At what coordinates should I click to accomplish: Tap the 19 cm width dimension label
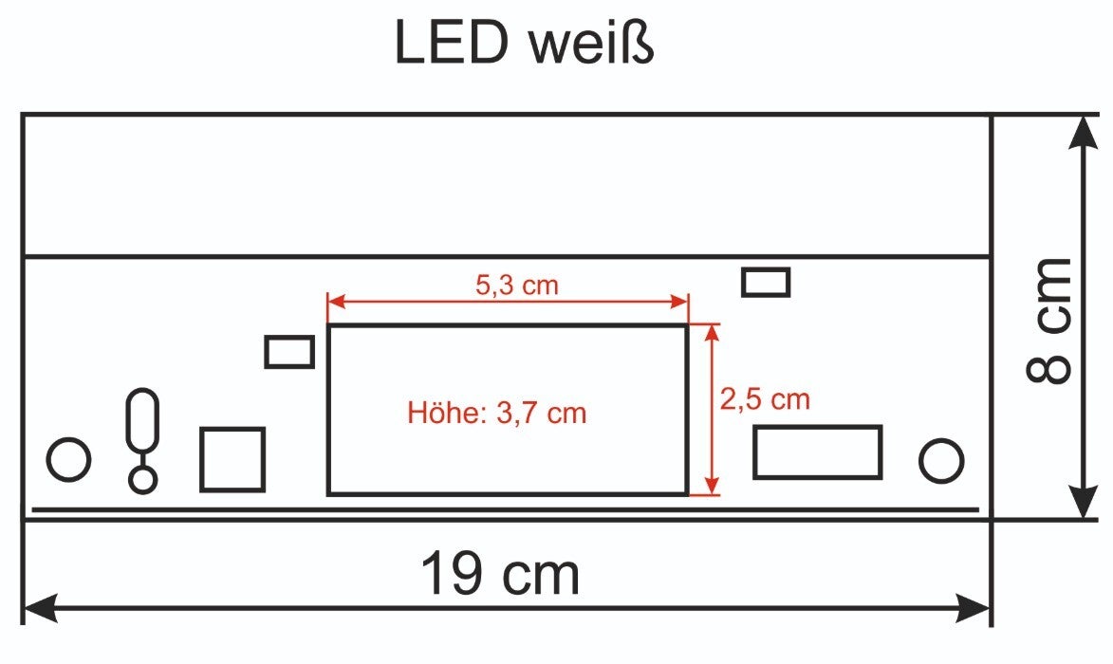[x=499, y=574]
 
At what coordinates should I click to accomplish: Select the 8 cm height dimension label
[x=1049, y=320]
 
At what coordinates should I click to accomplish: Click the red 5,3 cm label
[x=516, y=284]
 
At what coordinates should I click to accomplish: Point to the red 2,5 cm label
[x=765, y=399]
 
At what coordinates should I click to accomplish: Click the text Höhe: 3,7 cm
[x=496, y=414]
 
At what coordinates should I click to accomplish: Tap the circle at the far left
[x=68, y=460]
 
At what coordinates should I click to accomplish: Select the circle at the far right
[x=941, y=460]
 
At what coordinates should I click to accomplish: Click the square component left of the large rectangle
[x=232, y=459]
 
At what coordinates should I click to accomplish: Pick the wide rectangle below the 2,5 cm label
[x=817, y=452]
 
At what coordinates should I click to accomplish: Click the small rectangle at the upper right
[x=766, y=282]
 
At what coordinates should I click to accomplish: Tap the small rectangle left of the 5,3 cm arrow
[x=289, y=351]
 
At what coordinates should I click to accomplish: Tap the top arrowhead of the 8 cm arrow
[x=1083, y=133]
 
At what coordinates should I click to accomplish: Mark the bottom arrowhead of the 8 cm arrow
[x=1083, y=503]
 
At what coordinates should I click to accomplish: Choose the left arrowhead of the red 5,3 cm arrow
[x=336, y=302]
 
